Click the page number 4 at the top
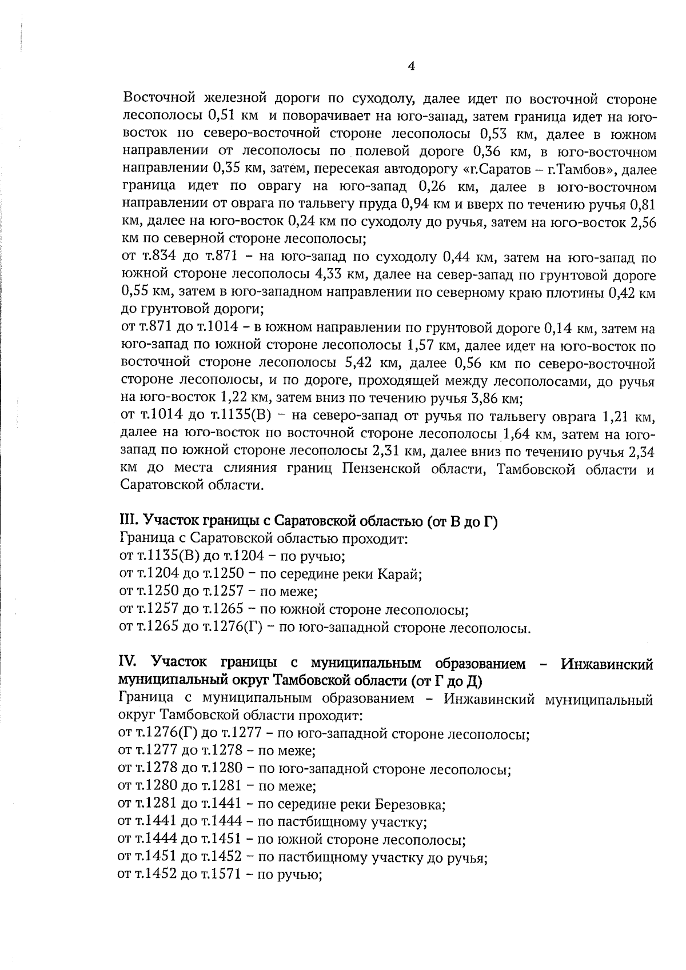(412, 66)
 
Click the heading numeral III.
(126, 521)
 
